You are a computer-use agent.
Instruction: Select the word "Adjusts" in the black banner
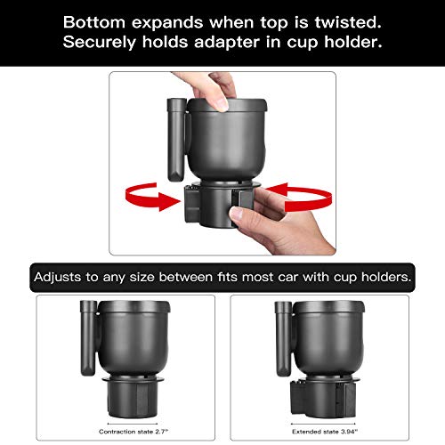(x=60, y=277)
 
